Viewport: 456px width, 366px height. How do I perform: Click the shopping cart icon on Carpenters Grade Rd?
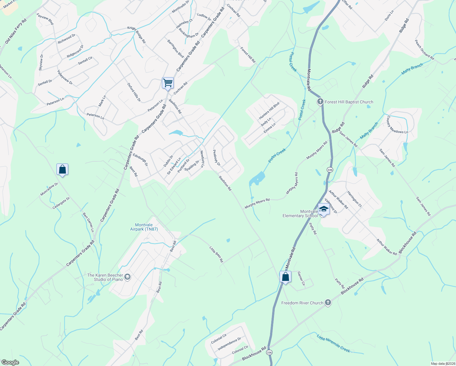[x=168, y=83]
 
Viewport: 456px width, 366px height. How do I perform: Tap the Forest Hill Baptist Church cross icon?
[x=320, y=102]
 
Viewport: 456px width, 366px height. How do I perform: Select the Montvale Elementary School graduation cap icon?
[x=323, y=210]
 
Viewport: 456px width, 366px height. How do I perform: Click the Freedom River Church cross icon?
[x=328, y=303]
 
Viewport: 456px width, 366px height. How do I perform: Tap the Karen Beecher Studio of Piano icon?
[x=127, y=277]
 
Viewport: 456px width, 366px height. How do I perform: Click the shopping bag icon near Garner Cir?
[x=285, y=277]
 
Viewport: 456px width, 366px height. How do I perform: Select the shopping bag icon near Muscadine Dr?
[x=62, y=170]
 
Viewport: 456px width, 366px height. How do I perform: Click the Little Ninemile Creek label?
[x=333, y=343]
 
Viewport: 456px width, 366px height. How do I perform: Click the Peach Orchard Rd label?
[x=424, y=50]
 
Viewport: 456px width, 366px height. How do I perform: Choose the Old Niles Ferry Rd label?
[x=16, y=31]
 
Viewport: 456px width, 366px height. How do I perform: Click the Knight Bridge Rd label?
[x=137, y=34]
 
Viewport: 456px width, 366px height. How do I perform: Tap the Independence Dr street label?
[x=229, y=344]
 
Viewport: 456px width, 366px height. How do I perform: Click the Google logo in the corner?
[x=10, y=362]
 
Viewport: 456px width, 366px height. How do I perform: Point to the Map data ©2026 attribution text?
[x=442, y=364]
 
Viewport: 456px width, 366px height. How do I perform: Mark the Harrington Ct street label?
[x=354, y=199]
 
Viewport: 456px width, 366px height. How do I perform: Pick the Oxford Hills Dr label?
[x=134, y=92]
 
